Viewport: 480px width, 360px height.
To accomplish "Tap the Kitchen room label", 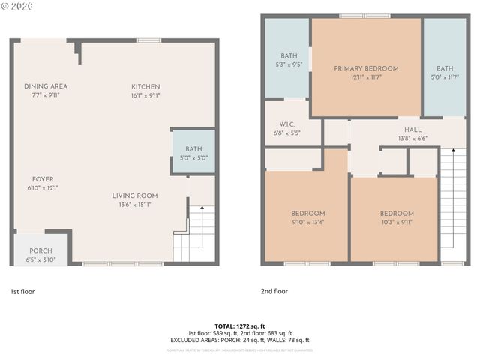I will click(x=145, y=86).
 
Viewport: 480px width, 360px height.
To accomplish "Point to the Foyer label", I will click(x=42, y=179).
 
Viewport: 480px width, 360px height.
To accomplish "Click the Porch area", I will click(x=40, y=251).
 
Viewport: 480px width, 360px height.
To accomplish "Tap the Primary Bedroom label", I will click(x=366, y=68).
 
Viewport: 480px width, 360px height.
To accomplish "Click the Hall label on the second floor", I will click(x=412, y=130).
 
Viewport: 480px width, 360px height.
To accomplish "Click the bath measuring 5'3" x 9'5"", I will click(x=289, y=56).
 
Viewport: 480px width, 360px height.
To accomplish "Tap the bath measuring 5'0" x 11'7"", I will click(x=445, y=68).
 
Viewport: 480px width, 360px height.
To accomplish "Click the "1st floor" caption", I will click(x=22, y=291).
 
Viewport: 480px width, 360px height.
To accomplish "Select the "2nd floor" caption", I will click(x=274, y=291).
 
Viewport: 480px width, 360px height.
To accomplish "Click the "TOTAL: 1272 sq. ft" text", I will click(x=239, y=326).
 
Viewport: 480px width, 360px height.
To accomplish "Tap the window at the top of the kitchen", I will click(x=148, y=40).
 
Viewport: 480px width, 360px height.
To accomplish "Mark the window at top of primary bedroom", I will click(x=364, y=16).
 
